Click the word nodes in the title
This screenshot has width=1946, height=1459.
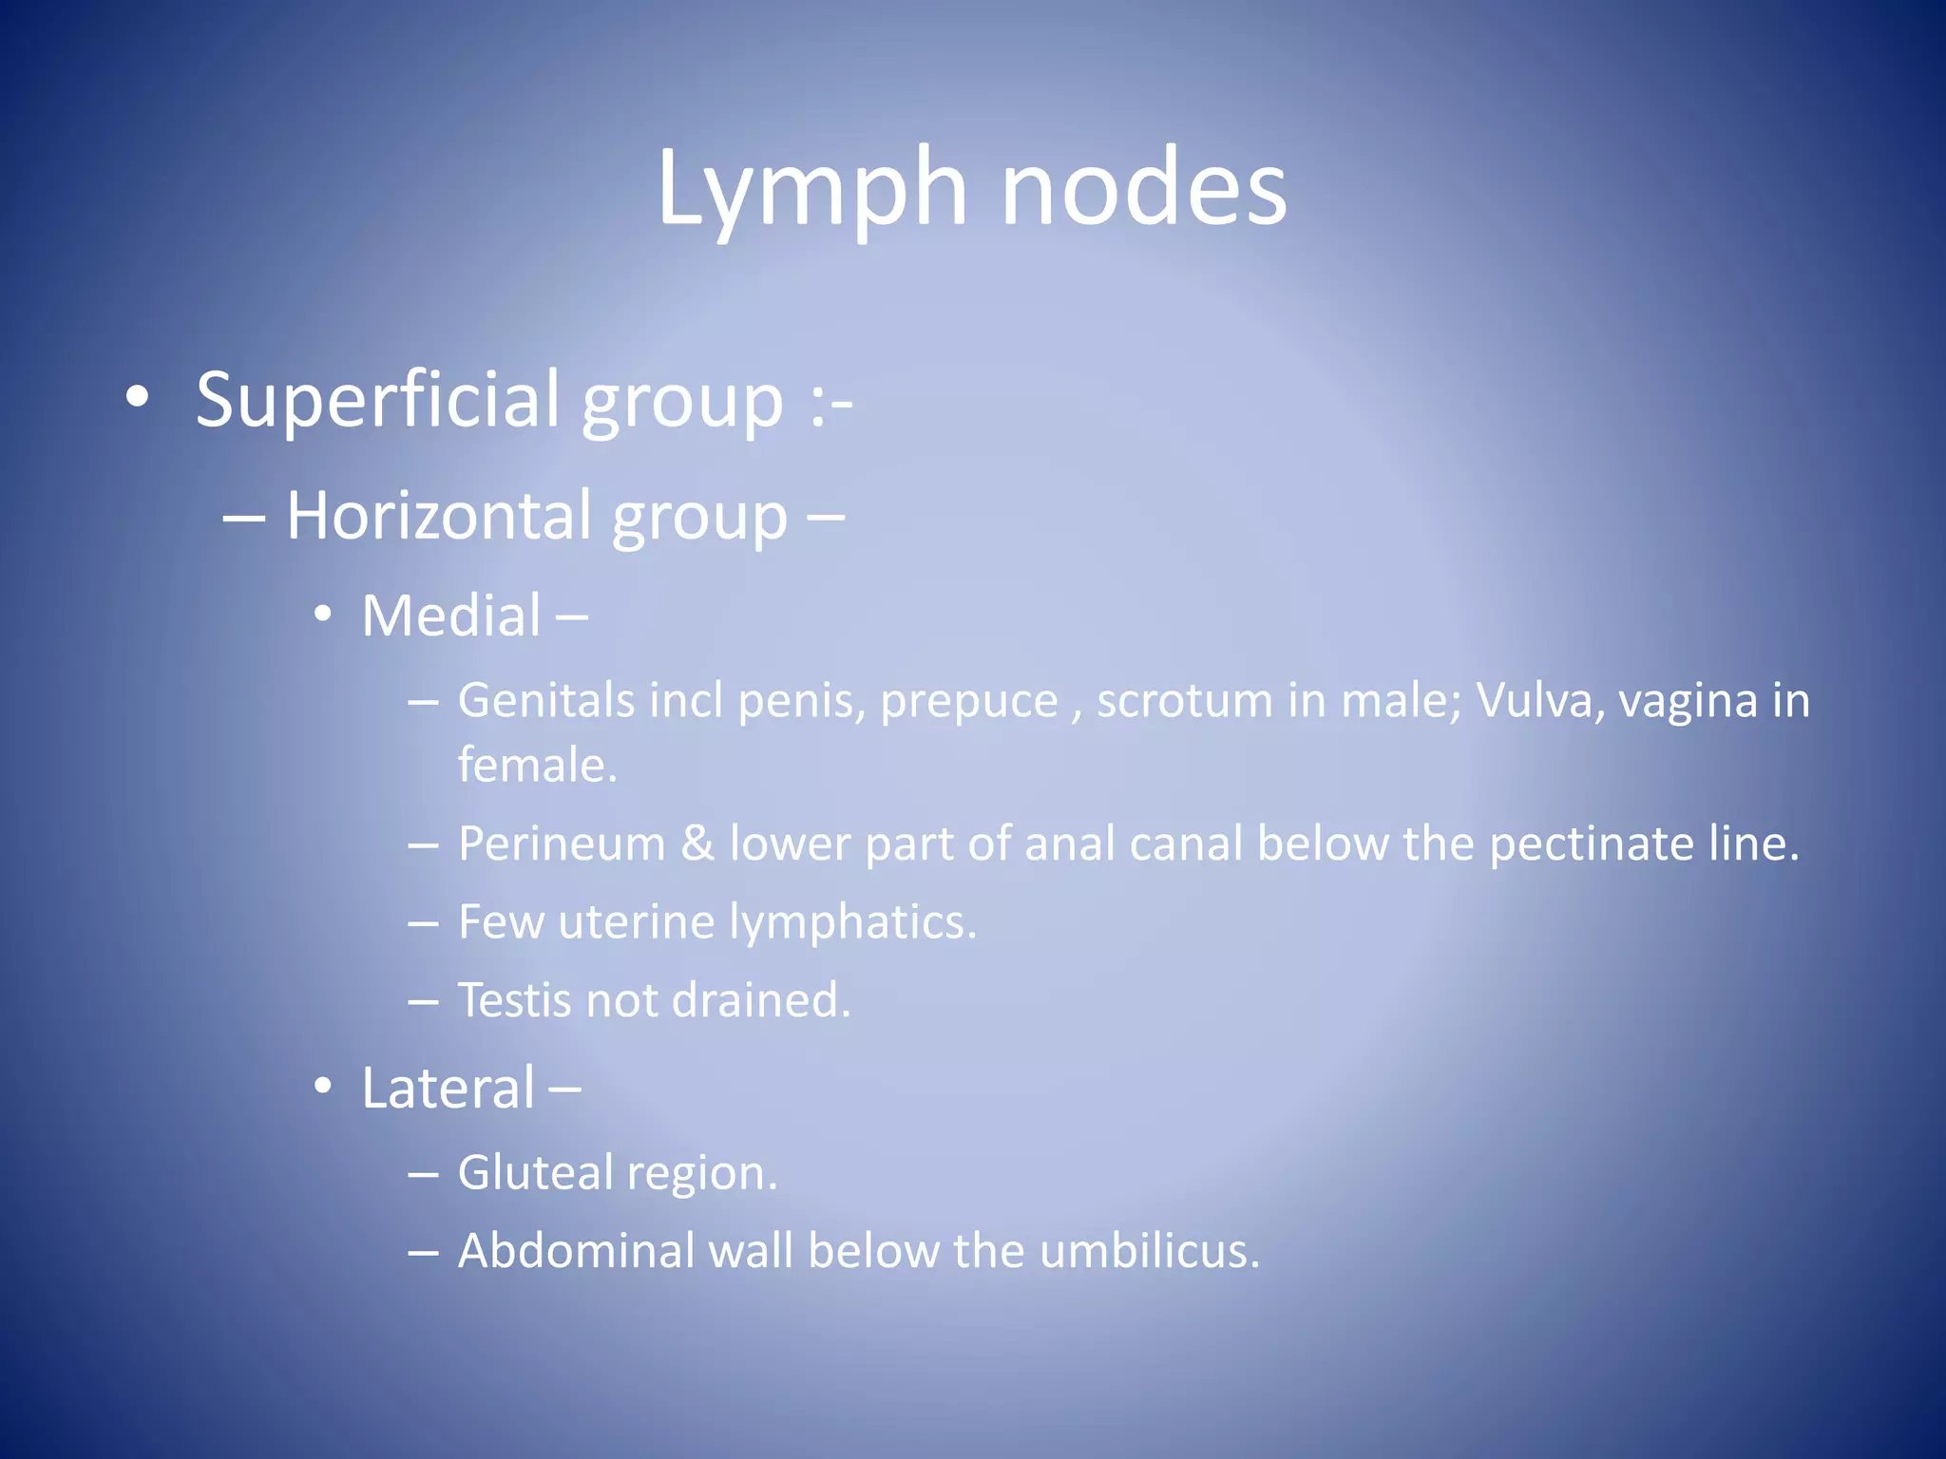coord(1144,190)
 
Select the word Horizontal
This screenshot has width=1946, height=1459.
coord(443,518)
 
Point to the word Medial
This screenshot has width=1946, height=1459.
coord(451,616)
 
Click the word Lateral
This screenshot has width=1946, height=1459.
coord(448,1089)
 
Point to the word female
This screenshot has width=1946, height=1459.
coord(537,766)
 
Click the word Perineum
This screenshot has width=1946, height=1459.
coord(562,844)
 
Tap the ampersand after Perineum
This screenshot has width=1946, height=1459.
coord(697,844)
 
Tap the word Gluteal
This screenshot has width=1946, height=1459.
coord(535,1174)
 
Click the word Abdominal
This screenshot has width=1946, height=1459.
coord(578,1252)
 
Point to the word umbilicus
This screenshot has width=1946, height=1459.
coord(1150,1252)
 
